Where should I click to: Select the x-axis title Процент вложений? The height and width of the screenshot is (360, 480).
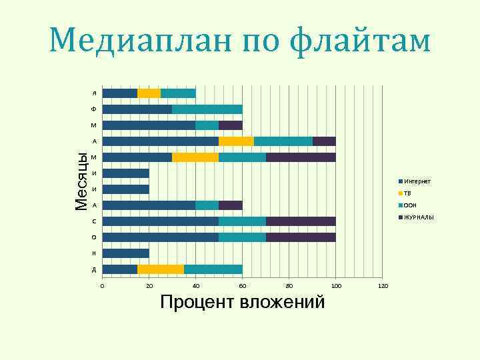243,302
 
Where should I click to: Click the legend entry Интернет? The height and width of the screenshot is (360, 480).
417,181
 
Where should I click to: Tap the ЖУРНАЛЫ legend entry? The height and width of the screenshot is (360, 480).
419,217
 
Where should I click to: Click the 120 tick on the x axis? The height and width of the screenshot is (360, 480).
383,286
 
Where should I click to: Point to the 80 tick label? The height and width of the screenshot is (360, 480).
289,286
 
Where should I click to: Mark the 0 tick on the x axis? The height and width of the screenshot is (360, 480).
102,286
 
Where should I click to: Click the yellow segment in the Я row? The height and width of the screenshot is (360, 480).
149,93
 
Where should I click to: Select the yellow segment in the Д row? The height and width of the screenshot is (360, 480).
161,269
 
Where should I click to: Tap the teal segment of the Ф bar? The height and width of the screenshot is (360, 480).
207,109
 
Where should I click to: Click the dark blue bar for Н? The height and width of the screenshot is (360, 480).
125,253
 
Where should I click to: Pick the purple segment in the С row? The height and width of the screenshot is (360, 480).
301,221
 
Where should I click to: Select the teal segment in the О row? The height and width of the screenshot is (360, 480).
242,237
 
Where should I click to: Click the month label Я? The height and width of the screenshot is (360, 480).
94,93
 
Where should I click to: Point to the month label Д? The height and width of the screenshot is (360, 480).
94,269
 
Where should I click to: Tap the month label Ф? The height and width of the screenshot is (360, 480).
94,109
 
